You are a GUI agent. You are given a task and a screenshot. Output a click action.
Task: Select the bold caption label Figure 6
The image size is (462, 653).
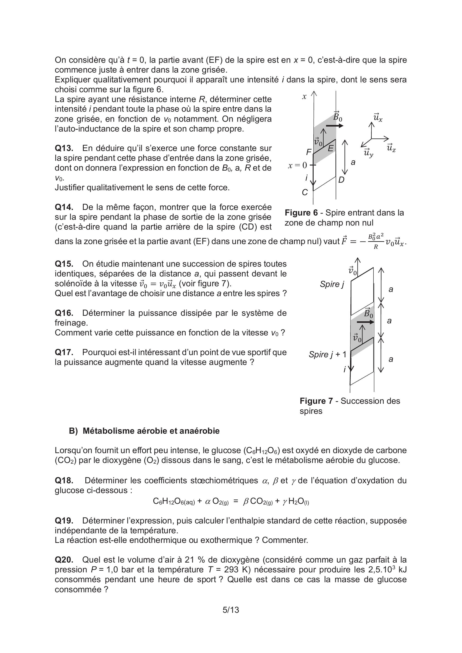(301, 213)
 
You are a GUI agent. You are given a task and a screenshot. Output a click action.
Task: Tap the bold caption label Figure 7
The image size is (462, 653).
(316, 401)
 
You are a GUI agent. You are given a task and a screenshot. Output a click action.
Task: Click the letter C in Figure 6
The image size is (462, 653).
(305, 193)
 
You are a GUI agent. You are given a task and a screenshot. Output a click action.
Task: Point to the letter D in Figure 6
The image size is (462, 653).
(342, 180)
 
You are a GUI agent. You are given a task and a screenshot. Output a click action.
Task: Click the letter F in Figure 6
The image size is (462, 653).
(309, 153)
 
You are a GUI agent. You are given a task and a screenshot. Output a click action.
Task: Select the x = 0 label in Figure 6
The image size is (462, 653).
(297, 165)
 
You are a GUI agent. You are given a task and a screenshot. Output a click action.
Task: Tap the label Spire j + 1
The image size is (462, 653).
(327, 354)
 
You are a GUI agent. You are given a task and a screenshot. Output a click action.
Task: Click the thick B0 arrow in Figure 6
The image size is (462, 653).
(334, 126)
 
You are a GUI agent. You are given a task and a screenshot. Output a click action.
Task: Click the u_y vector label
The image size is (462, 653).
(369, 153)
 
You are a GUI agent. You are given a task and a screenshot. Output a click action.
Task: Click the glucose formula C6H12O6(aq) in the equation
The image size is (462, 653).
(174, 501)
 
